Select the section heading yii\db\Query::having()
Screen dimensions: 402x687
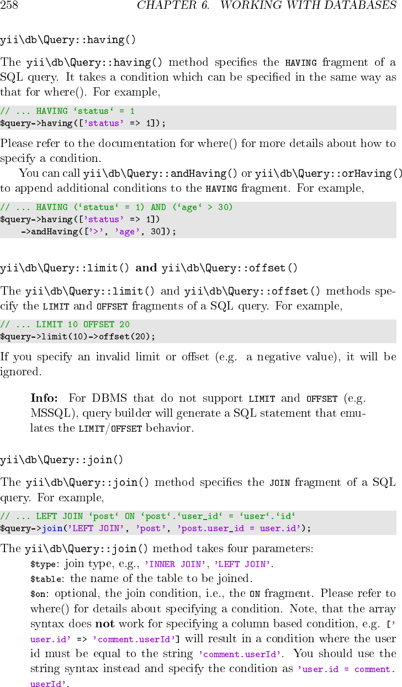[x=68, y=40]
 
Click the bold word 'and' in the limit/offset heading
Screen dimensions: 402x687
[x=146, y=268]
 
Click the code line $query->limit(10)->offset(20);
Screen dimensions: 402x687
[x=78, y=336]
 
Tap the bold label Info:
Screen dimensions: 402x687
[x=44, y=398]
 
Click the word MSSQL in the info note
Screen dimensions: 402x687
[x=49, y=413]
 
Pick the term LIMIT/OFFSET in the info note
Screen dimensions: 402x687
[x=110, y=428]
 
